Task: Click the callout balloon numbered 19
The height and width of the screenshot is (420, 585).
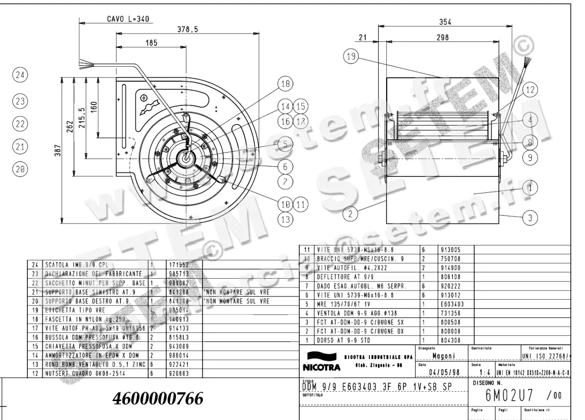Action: pos(350,57)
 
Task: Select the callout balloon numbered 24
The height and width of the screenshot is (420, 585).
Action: pos(19,76)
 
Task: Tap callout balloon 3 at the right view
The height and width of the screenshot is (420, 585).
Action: pos(530,218)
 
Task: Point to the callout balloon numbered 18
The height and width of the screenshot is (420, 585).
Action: pos(285,84)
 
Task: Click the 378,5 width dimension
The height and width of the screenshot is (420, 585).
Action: pos(187,29)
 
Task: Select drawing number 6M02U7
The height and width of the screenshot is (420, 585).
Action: pos(505,394)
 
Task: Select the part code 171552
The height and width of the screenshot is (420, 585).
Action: pos(179,265)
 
